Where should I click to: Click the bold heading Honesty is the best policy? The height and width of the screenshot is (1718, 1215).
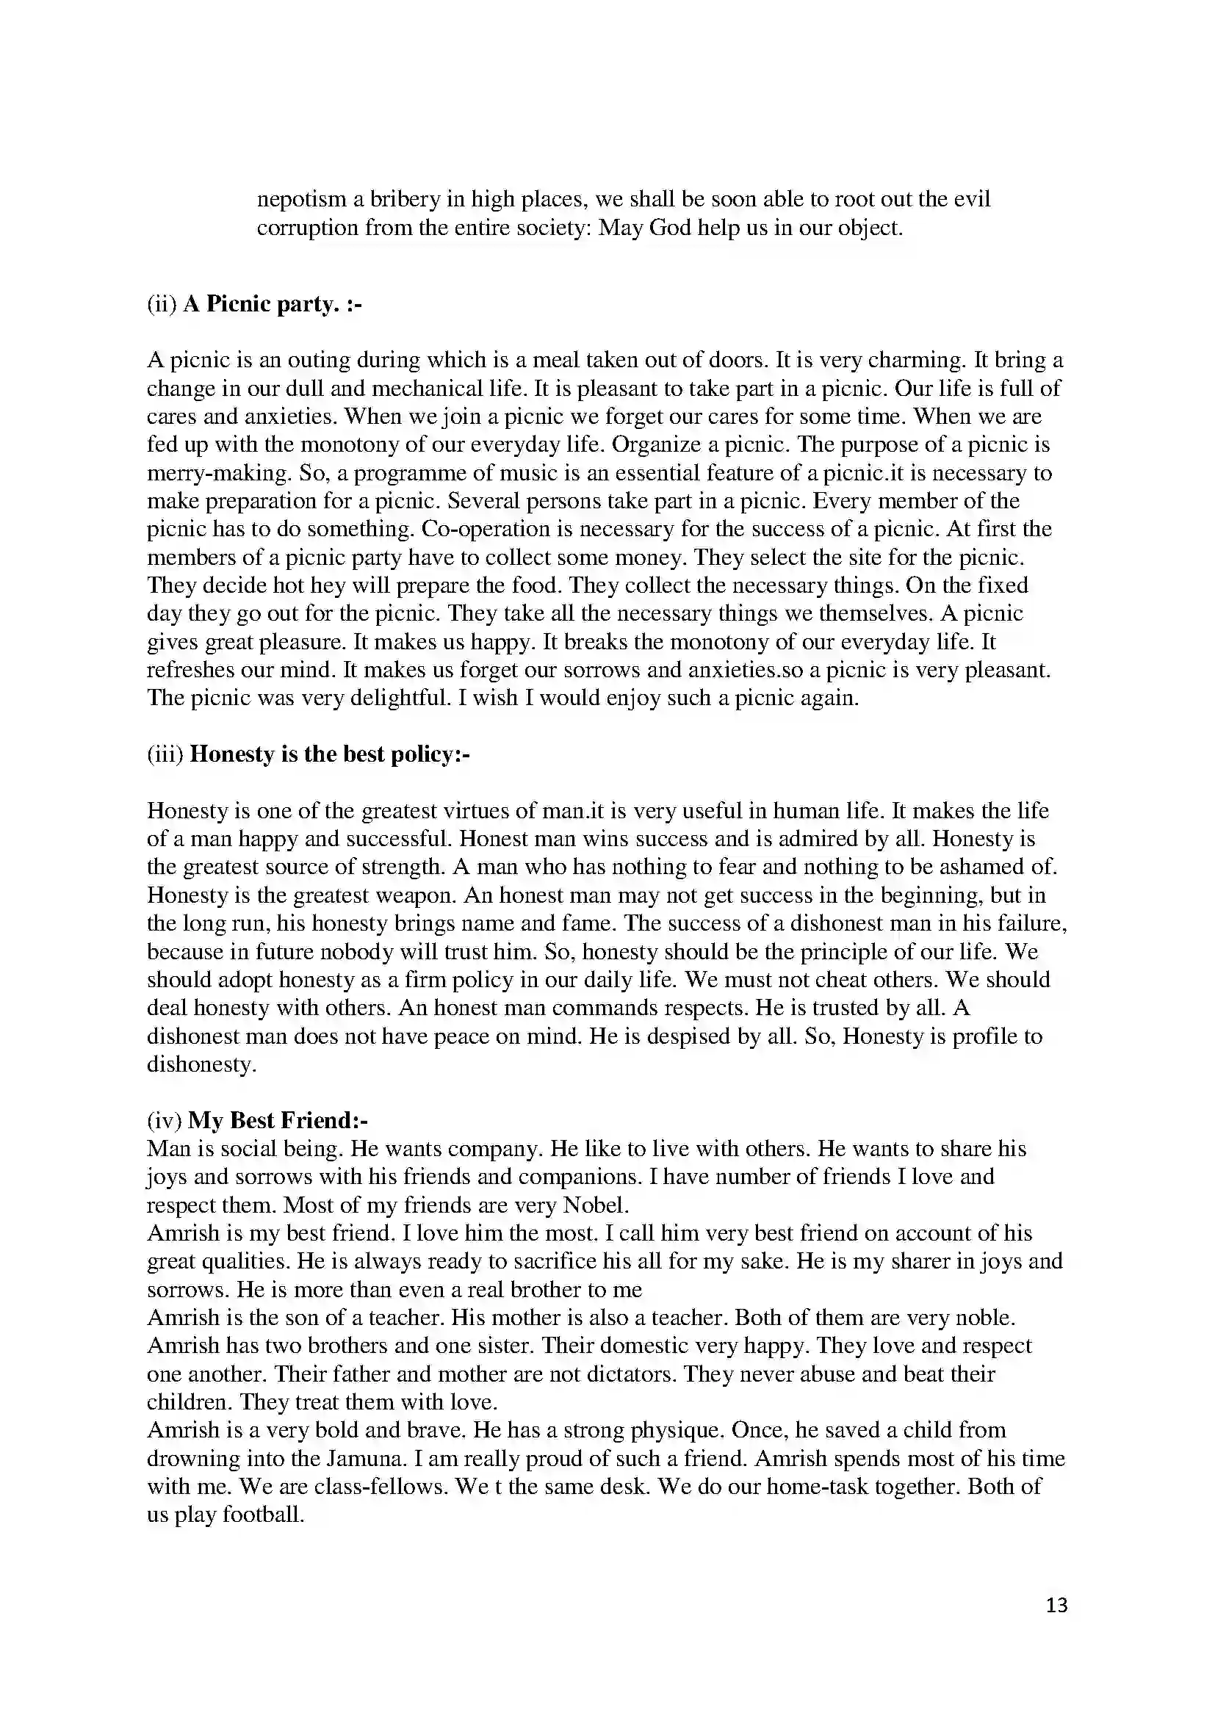tap(329, 754)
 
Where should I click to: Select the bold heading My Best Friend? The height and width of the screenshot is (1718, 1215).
tap(278, 1120)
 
